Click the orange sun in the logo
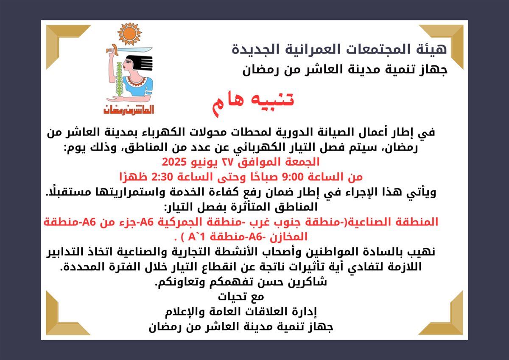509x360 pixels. (129, 34)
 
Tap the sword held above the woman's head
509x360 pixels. (129, 50)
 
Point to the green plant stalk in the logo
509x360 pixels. (119, 79)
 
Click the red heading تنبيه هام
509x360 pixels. (253, 104)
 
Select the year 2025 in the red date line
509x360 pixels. (174, 162)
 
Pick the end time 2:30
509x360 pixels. (162, 177)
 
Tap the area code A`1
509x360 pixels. (196, 237)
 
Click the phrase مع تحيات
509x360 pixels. (241, 297)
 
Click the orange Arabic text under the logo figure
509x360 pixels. (129, 110)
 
